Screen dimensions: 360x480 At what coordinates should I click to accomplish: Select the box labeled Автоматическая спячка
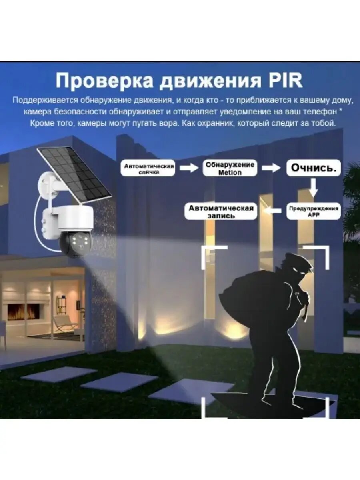[x=149, y=168]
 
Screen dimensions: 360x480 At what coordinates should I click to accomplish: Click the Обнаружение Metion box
[x=230, y=168]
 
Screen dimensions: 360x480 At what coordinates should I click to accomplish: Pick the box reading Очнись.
[x=313, y=168]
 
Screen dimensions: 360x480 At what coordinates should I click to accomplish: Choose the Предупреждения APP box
[x=314, y=211]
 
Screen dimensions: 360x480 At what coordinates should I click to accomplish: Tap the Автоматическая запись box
[x=221, y=211]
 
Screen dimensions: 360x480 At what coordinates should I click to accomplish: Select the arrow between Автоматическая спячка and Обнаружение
[x=189, y=168]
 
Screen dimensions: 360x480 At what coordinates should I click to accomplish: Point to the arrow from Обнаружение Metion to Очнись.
[x=271, y=168]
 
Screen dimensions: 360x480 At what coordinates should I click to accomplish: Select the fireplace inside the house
[x=24, y=312]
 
